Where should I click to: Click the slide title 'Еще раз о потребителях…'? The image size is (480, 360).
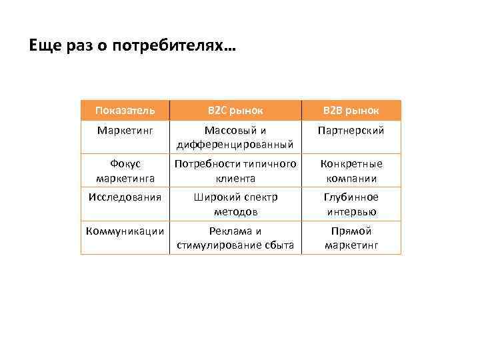click(132, 46)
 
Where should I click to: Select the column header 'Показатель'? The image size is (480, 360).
click(125, 110)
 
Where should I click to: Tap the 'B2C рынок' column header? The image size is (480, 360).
click(235, 110)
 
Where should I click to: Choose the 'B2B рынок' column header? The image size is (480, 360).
click(351, 110)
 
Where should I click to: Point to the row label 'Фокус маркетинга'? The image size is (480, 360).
click(125, 171)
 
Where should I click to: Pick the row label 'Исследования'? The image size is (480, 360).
click(125, 197)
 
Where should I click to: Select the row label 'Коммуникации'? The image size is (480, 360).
click(125, 231)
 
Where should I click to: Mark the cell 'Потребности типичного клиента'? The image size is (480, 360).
click(235, 171)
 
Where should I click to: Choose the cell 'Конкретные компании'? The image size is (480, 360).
click(351, 171)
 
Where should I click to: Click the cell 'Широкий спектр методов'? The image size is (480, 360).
click(235, 204)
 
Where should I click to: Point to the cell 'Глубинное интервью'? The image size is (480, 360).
click(351, 204)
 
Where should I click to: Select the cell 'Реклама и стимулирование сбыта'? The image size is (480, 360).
click(235, 238)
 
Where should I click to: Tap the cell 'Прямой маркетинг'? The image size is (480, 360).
click(351, 238)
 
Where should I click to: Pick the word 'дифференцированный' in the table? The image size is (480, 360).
click(235, 145)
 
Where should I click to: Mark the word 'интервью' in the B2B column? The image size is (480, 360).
click(351, 211)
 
